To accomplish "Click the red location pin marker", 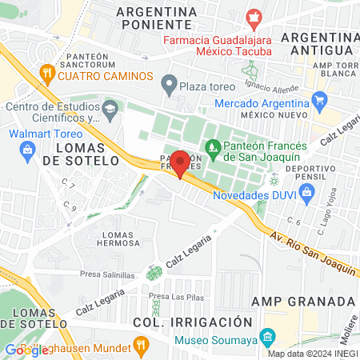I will (180, 163).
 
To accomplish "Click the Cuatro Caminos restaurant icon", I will (46, 75).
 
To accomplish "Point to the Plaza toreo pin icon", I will (168, 83).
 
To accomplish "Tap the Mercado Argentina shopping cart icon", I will (320, 102).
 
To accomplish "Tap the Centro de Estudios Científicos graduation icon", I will (110, 108).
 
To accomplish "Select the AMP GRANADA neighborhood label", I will (303, 301).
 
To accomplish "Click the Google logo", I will (26, 349).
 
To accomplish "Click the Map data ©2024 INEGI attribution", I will (312, 354).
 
